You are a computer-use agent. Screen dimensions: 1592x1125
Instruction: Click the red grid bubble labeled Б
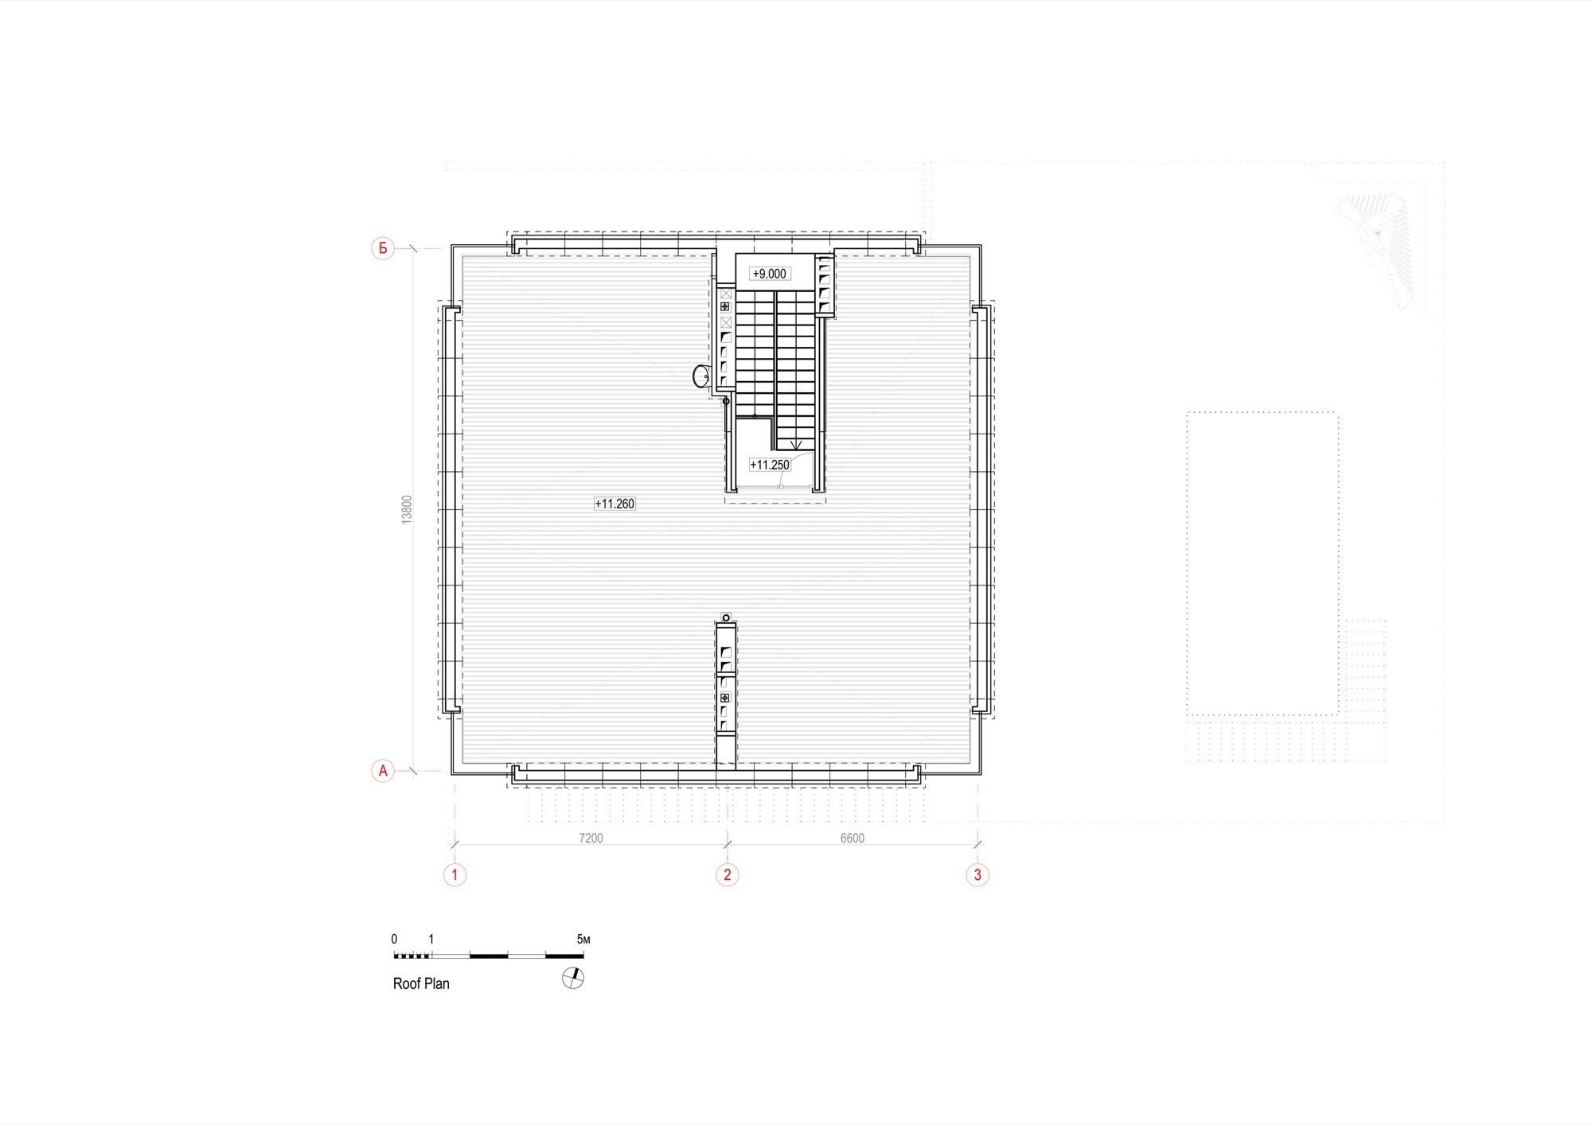click(x=383, y=248)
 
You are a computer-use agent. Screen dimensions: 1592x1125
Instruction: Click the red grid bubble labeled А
click(x=383, y=771)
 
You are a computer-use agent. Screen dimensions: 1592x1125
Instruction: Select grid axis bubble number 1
click(x=455, y=874)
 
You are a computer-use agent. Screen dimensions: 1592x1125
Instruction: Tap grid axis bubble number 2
click(x=727, y=874)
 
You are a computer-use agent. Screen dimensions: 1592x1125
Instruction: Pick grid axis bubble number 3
click(x=977, y=874)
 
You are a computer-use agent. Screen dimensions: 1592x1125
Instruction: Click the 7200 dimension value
click(x=591, y=838)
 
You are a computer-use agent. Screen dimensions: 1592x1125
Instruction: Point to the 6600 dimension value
click(x=852, y=838)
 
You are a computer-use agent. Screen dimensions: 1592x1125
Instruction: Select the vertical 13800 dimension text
click(x=408, y=509)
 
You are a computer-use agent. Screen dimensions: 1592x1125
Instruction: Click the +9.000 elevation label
click(x=770, y=274)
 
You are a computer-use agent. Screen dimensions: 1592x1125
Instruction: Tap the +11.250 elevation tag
click(x=770, y=465)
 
